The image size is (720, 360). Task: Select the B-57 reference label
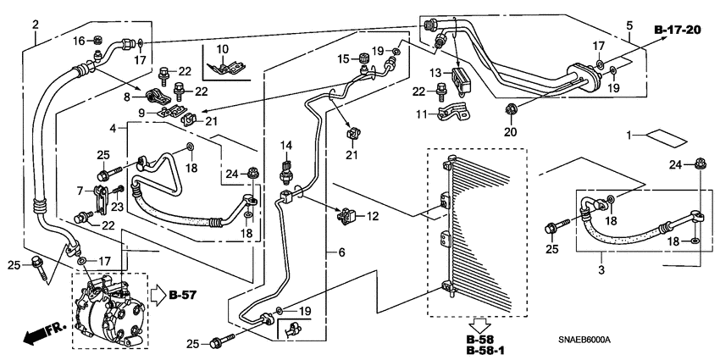coord(182,295)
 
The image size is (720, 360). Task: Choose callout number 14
coord(286,145)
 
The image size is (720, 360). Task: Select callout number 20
coord(509,130)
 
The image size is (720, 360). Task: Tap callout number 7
coord(80,191)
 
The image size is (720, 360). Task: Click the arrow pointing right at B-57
coord(158,296)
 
